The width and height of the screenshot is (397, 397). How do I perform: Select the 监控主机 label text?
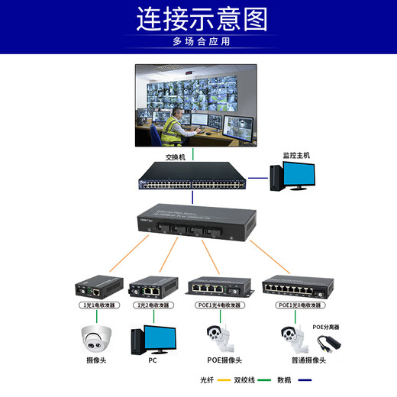(297, 155)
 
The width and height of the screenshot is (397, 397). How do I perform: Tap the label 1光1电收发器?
(99, 305)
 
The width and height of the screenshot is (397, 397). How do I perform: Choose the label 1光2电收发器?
(153, 305)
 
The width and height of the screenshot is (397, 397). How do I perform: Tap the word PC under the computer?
(153, 360)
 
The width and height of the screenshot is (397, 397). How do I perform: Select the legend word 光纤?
(206, 379)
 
